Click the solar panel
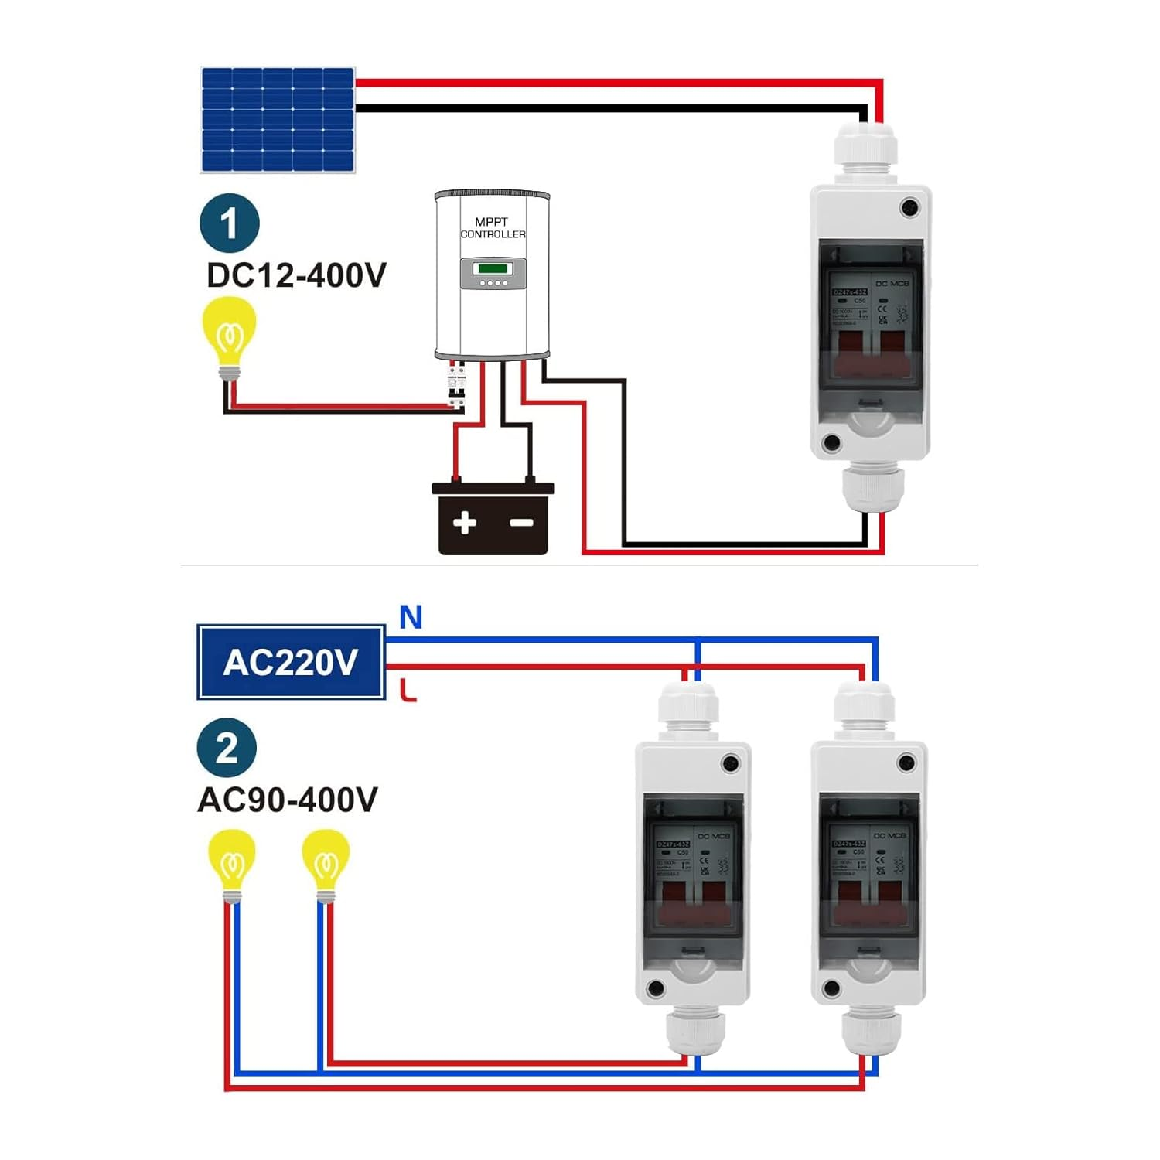[x=278, y=120]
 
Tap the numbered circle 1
[x=229, y=223]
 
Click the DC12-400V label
[x=296, y=275]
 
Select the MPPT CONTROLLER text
[x=493, y=228]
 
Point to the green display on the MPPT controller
[x=493, y=268]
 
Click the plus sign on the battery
[x=464, y=523]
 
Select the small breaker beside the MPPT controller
[x=457, y=387]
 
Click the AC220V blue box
[x=291, y=663]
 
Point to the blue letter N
[x=411, y=618]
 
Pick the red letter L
[x=408, y=690]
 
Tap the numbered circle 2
[x=227, y=748]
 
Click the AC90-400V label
[x=288, y=800]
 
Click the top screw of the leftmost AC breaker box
[x=729, y=764]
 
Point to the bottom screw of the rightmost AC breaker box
[x=831, y=988]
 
